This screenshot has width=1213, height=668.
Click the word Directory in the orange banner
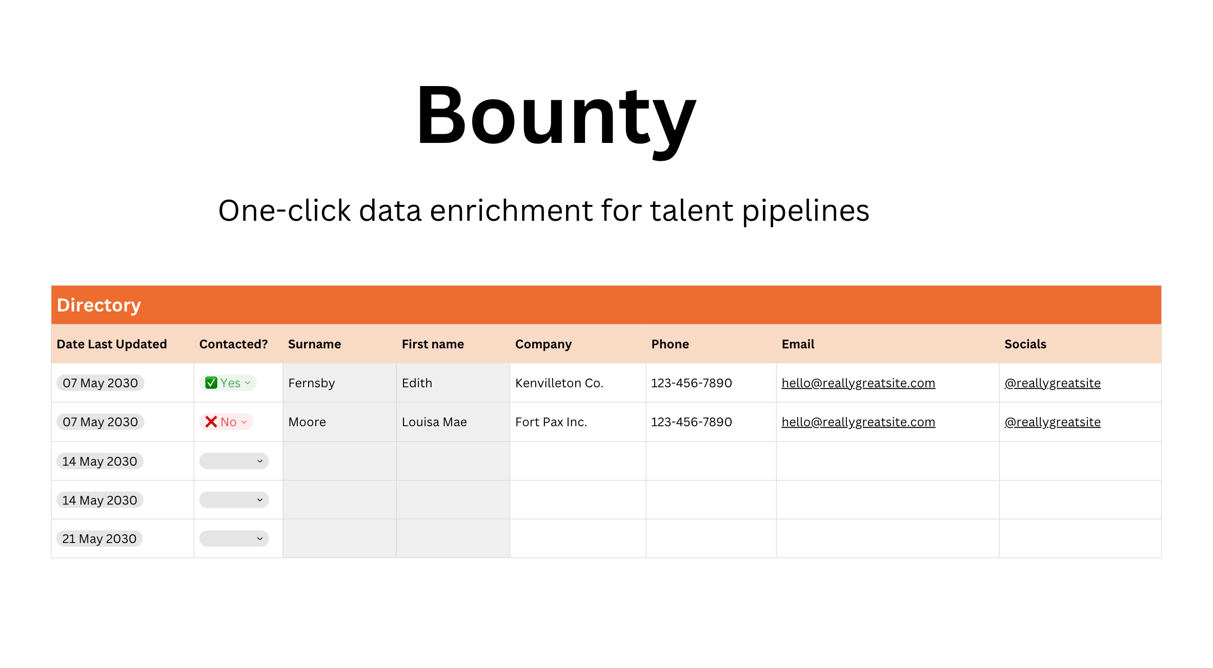tap(98, 305)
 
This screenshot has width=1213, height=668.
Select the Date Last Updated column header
tap(112, 344)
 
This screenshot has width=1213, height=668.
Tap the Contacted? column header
tap(233, 344)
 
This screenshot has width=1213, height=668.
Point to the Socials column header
tap(1025, 344)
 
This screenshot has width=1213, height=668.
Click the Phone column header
tap(670, 344)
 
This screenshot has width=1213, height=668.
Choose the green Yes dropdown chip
tap(228, 383)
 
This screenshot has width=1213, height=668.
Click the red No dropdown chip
tap(226, 422)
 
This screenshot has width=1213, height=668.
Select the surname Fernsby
tap(312, 384)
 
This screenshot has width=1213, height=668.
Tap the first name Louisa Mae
tap(434, 422)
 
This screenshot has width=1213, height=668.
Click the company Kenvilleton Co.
tap(559, 383)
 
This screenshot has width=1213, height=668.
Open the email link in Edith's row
tap(858, 383)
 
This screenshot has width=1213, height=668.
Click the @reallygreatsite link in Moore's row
tap(1053, 422)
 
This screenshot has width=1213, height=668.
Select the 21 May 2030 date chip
tap(99, 539)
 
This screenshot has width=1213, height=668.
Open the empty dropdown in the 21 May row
tap(234, 539)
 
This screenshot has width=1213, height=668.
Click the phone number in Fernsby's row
tap(692, 383)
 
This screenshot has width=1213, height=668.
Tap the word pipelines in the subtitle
tap(806, 211)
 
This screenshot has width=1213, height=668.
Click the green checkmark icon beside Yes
tap(211, 383)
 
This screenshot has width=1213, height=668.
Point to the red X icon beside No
tap(211, 422)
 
